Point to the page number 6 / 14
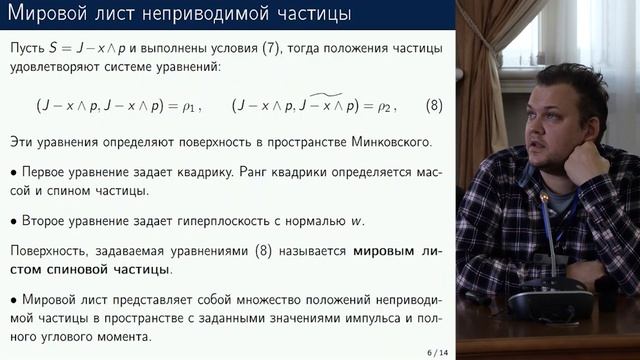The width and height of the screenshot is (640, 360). (x=436, y=352)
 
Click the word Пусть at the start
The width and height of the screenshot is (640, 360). (x=28, y=48)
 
